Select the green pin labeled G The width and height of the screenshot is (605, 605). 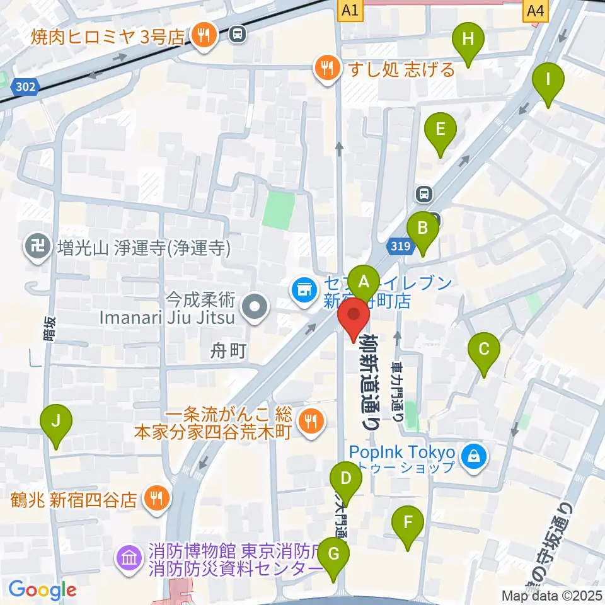pos(333,556)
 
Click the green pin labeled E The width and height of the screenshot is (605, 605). pos(441,130)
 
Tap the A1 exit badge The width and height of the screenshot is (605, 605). pos(351,9)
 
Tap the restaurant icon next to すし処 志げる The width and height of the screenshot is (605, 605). pos(326,68)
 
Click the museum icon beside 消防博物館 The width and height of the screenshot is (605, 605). pos(129,558)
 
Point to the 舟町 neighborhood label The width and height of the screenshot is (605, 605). pos(228,350)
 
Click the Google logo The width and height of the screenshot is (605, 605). pos(42,591)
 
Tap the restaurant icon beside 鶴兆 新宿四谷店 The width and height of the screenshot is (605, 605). pos(155,498)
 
